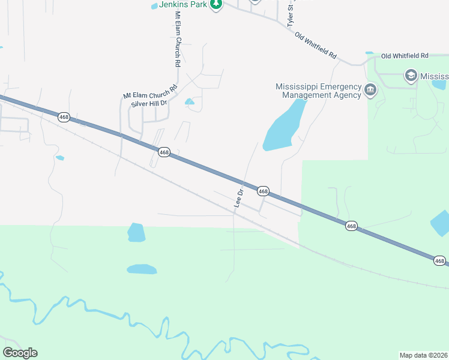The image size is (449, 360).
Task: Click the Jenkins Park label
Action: [182, 4]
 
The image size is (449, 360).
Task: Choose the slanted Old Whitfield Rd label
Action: [316, 45]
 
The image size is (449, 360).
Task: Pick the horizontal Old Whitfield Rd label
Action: [405, 56]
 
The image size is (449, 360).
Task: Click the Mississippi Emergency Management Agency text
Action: [318, 90]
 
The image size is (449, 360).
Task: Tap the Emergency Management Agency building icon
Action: [370, 91]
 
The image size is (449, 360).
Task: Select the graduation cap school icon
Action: [411, 76]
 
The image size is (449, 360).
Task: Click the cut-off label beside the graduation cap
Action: [434, 76]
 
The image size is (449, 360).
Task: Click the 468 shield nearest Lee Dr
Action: [263, 191]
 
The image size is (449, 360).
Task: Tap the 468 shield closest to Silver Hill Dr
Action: [164, 152]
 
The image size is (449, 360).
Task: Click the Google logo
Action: [20, 353]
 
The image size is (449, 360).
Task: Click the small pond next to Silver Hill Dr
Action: [190, 101]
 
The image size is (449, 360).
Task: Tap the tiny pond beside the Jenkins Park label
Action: [154, 6]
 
